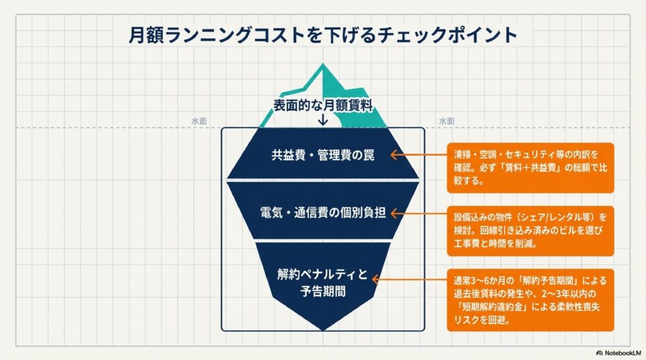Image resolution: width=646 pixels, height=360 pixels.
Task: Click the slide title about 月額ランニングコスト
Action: coord(322,35)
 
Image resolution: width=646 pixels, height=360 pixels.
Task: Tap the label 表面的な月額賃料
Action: coord(323,106)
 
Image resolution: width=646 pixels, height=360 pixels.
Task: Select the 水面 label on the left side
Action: coord(199,121)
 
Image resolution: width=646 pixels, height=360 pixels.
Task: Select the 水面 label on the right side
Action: coord(447,121)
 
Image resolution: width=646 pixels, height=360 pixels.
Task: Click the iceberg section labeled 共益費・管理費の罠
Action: coord(323,155)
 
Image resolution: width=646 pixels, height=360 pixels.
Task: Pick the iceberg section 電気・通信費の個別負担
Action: coord(323,212)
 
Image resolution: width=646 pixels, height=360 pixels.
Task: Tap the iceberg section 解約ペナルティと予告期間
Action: coord(323,283)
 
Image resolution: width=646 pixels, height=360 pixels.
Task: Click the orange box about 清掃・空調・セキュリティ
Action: coord(530,167)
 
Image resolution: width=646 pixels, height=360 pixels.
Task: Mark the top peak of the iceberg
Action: coord(323,66)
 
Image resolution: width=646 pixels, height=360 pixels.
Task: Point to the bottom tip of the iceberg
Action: coord(323,328)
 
